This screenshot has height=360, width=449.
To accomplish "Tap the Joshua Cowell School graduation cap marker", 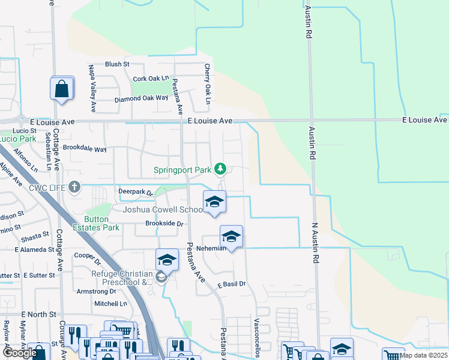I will click(x=214, y=202).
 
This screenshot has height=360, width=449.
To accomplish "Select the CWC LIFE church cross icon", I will click(x=74, y=187).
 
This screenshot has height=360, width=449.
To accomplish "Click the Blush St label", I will click(x=117, y=64).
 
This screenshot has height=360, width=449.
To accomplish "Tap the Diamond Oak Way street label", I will click(x=142, y=98).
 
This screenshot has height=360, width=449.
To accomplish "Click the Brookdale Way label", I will click(x=85, y=148).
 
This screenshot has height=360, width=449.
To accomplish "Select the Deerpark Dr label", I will click(x=136, y=192).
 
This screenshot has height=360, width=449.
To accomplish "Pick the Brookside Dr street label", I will click(x=164, y=223).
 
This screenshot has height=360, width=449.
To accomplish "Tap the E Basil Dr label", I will click(x=232, y=284).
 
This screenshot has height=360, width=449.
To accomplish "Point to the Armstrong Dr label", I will click(x=96, y=291).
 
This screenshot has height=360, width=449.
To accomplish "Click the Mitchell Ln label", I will click(x=110, y=304).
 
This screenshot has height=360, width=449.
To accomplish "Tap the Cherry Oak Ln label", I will click(x=207, y=84).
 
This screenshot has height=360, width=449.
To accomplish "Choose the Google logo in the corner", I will click(x=20, y=353).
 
